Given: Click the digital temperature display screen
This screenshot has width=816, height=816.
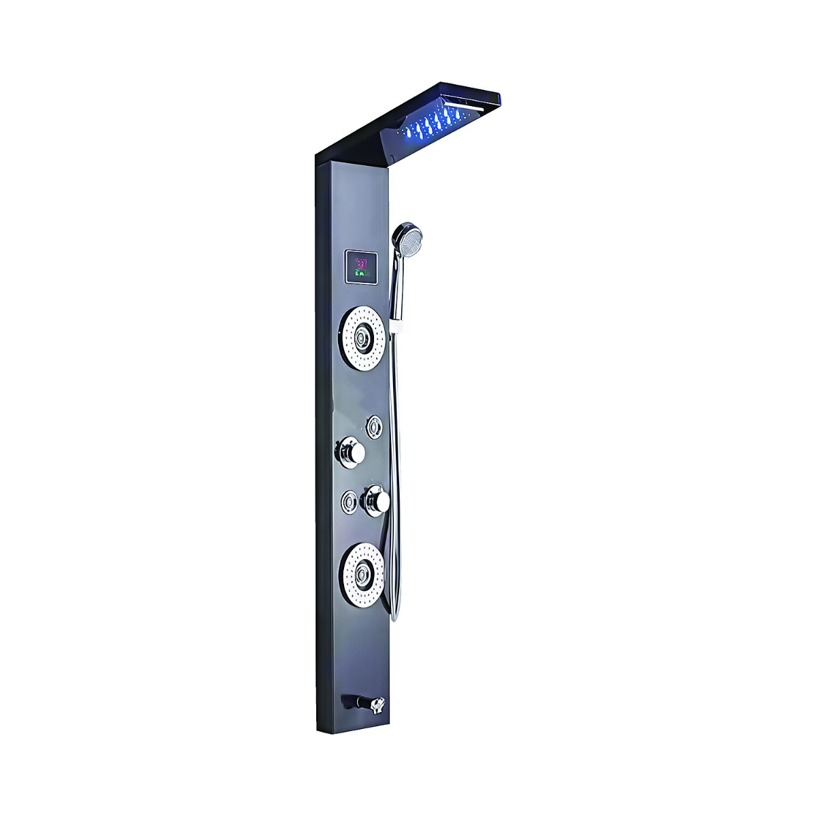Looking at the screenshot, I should point(362,268).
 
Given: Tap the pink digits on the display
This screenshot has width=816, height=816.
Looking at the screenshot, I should point(362,262).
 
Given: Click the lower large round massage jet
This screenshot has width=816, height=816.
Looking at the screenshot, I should point(364,575).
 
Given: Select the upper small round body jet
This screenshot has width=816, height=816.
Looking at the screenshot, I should point(373,426).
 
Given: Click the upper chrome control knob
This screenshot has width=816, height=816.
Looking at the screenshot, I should point(351,451).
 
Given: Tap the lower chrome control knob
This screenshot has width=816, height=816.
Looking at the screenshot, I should point(376,501).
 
